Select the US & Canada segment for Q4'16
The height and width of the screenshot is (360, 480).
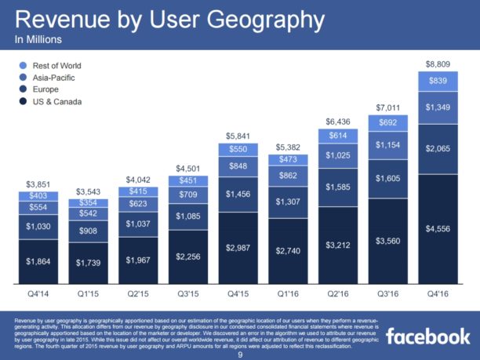[438, 229]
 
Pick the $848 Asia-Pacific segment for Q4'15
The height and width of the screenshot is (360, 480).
[241, 165]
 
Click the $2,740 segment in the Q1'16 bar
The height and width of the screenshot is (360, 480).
[290, 251]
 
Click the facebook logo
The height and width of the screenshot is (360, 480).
[427, 336]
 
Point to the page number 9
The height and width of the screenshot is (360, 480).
[240, 355]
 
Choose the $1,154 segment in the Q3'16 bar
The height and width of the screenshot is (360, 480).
[388, 145]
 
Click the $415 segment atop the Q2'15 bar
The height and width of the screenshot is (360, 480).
[143, 191]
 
